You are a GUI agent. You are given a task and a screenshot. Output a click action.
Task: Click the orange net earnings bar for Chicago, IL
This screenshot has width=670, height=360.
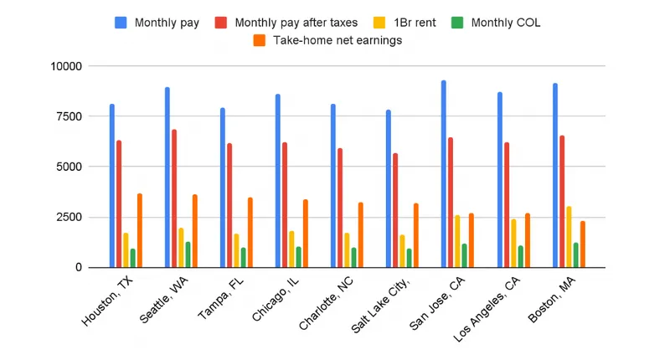click(x=305, y=234)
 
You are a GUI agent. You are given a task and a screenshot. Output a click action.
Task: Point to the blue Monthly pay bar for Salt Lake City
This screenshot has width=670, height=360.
click(x=389, y=188)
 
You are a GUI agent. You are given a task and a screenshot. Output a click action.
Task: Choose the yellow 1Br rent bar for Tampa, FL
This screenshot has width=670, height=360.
click(x=236, y=250)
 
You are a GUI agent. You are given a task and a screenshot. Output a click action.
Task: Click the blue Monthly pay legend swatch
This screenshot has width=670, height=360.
click(x=121, y=23)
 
